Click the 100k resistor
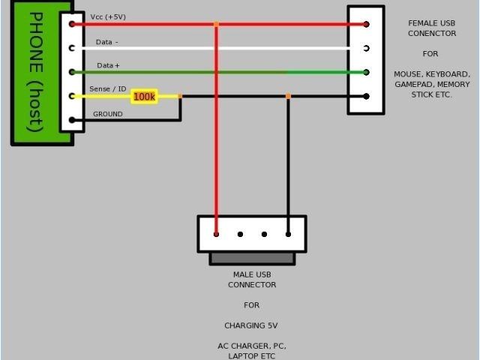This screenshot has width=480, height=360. click(143, 97)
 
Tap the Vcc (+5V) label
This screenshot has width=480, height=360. click(107, 16)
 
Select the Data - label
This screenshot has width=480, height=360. click(107, 42)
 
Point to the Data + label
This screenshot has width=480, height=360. click(108, 66)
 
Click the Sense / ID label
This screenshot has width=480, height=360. click(108, 89)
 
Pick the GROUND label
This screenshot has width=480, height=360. click(108, 114)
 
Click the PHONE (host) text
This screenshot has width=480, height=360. click(34, 72)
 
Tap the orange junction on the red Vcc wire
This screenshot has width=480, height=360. click(216, 24)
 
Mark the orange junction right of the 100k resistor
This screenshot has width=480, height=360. click(180, 96)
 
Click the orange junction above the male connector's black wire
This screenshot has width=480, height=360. click(288, 96)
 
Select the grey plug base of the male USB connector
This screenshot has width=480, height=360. click(252, 258)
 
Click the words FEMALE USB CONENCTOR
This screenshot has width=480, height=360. click(431, 28)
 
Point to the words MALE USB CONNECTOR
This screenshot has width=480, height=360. click(252, 280)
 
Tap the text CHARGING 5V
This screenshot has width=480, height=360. click(252, 325)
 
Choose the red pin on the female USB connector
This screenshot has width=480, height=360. click(366, 24)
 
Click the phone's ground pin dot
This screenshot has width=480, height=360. click(72, 120)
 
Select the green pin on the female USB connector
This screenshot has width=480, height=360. click(366, 72)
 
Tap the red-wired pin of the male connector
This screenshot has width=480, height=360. click(216, 234)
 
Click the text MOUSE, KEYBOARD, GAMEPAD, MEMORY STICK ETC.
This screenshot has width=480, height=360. click(432, 85)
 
